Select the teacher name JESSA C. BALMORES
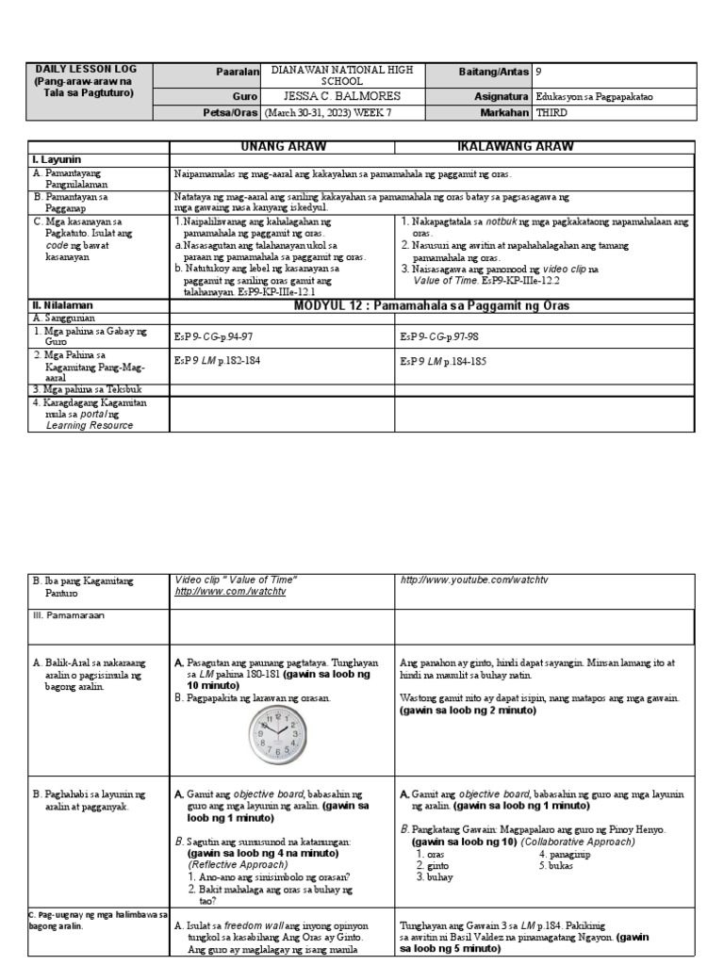(341, 96)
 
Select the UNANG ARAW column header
(282, 147)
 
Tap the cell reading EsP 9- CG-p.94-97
(214, 336)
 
